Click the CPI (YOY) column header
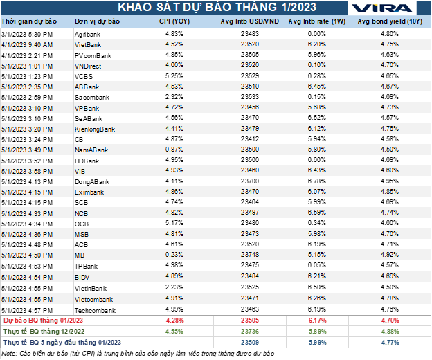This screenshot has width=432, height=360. [175, 22]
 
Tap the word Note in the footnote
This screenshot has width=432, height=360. [10, 353]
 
